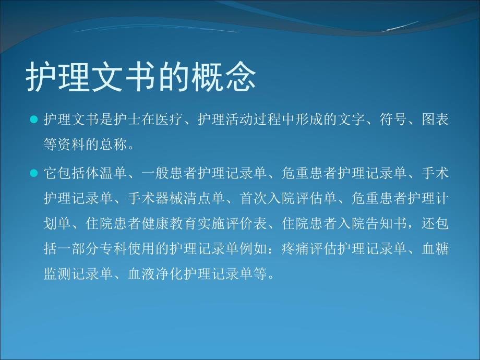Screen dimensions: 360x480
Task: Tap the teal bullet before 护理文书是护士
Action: [x=34, y=119]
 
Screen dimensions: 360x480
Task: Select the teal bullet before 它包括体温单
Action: [x=34, y=172]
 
